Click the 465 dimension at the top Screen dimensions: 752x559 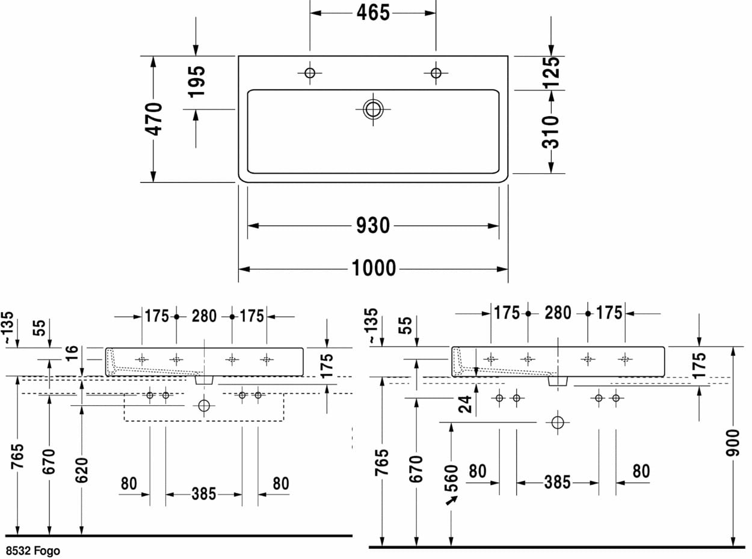pos(373,13)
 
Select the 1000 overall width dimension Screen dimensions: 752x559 pos(374,268)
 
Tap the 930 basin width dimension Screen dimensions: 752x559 pos(373,225)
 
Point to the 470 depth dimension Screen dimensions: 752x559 pos(153,119)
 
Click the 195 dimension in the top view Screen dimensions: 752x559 pos(197,82)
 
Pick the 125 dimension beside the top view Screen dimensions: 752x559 pos(550,73)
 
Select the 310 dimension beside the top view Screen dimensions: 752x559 pos(550,132)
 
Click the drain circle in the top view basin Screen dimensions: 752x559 pos(373,109)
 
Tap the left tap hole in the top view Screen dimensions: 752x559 pos(310,73)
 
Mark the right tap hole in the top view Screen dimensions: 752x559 pos(436,73)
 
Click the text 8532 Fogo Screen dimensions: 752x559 pos(33,551)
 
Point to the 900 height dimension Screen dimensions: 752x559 pos(733,443)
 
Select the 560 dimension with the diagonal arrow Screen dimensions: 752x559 pos(451,478)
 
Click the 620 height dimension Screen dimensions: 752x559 pos(81,470)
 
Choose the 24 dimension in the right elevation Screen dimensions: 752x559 pos(465,405)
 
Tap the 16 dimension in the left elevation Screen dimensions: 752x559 pos(72,353)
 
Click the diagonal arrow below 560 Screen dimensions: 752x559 pos(451,501)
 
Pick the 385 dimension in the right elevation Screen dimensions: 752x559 pos(558,483)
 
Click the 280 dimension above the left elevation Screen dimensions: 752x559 pos(204,316)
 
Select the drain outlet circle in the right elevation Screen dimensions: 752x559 pos(558,423)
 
